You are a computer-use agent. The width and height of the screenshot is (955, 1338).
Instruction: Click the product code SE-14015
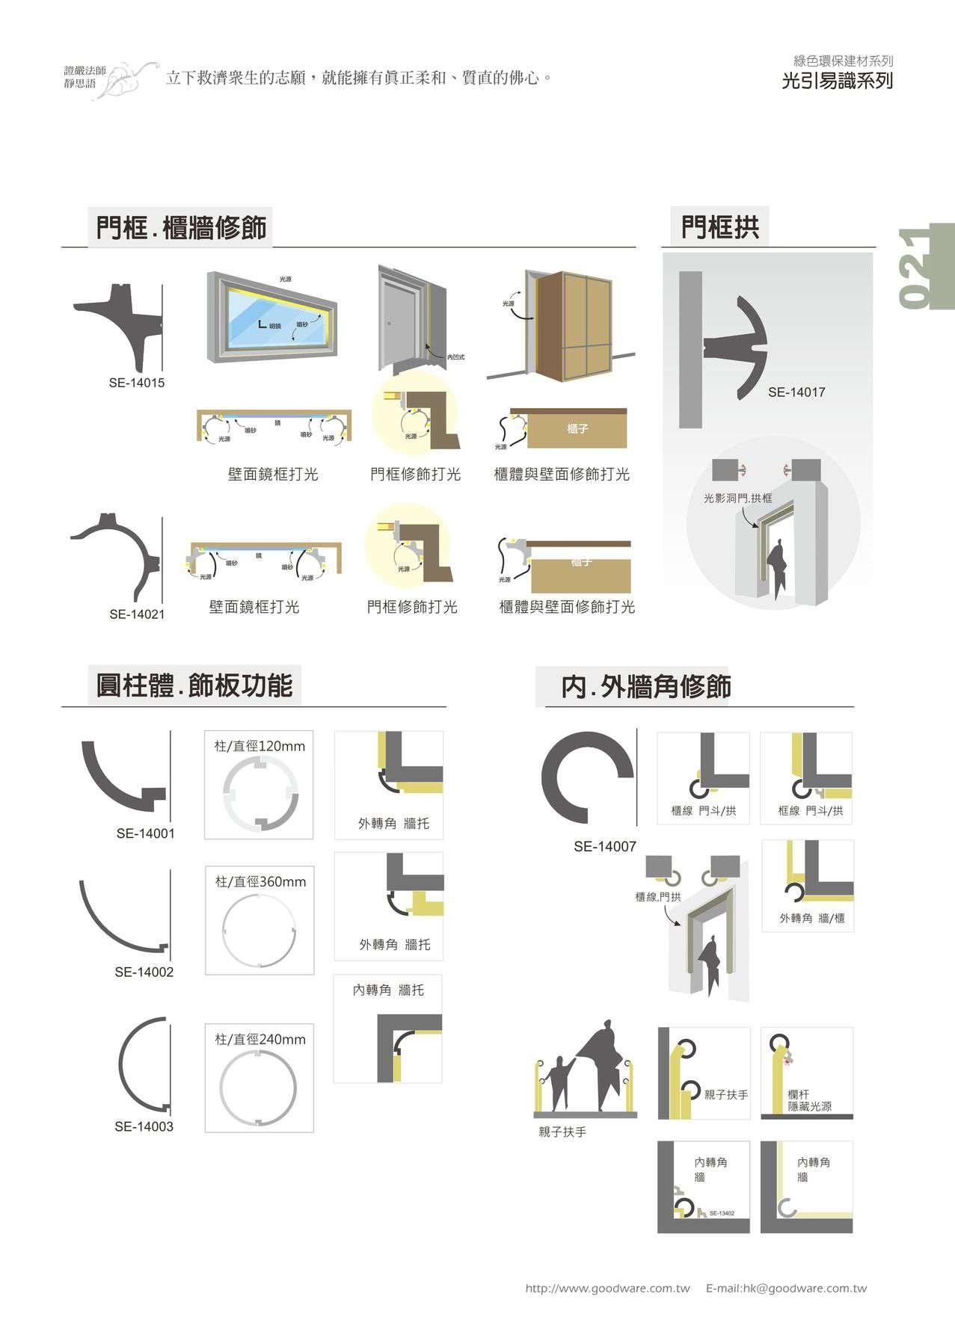136,383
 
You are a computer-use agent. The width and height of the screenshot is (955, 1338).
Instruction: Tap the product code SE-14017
796,392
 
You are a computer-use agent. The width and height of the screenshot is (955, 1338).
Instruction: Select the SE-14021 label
137,614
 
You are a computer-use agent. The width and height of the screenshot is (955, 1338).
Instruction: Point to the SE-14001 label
145,833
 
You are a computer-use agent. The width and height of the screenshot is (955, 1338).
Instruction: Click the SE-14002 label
144,972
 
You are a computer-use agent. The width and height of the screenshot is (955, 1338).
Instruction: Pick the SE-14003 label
144,1126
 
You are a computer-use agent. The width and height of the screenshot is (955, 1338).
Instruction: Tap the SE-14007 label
604,846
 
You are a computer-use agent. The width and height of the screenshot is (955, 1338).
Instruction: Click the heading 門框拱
719,226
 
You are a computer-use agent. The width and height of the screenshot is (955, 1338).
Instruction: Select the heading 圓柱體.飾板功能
194,685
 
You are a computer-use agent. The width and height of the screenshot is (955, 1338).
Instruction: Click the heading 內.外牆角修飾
646,686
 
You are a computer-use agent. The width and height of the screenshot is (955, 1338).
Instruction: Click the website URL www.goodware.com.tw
607,1288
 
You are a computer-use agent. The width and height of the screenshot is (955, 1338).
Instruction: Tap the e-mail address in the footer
786,1288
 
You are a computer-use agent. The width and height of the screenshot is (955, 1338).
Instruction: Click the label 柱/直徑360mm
260,881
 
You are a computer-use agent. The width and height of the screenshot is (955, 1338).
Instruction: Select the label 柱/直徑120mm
260,746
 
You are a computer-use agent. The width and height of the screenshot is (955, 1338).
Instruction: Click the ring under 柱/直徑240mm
258,1087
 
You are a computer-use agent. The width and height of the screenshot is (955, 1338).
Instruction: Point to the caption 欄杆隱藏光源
809,1100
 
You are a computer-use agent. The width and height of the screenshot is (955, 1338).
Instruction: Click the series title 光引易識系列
837,81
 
